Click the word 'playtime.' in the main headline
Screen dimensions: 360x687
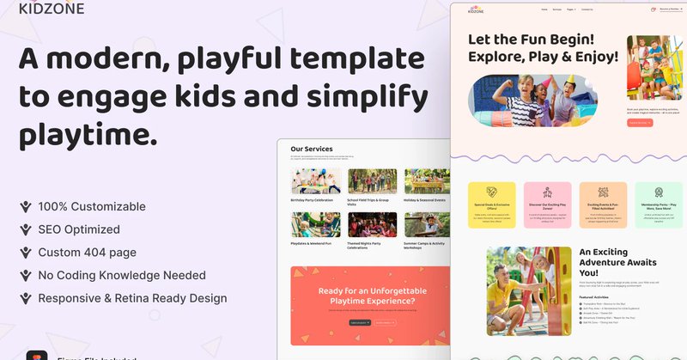tap(88, 134)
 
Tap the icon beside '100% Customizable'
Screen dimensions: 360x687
tap(27, 207)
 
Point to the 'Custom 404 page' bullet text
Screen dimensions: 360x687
tap(87, 253)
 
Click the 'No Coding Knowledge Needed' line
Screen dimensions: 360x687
tap(121, 275)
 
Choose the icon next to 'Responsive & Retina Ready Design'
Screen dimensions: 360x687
tap(27, 298)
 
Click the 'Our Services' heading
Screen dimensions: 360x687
tap(312, 149)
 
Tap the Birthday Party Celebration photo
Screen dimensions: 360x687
tap(315, 180)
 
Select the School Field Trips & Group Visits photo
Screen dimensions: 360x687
tap(371, 180)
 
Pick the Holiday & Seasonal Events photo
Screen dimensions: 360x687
tap(427, 180)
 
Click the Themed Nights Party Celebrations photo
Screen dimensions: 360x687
tap(371, 224)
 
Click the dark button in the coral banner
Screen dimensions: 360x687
tap(360, 322)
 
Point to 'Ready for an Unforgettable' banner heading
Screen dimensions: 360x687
tap(368, 290)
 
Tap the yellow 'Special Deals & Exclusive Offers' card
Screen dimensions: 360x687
tap(493, 205)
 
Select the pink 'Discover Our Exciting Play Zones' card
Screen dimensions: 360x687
tap(547, 205)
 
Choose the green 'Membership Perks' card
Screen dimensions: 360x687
tap(659, 205)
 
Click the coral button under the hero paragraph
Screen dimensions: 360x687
tap(640, 123)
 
